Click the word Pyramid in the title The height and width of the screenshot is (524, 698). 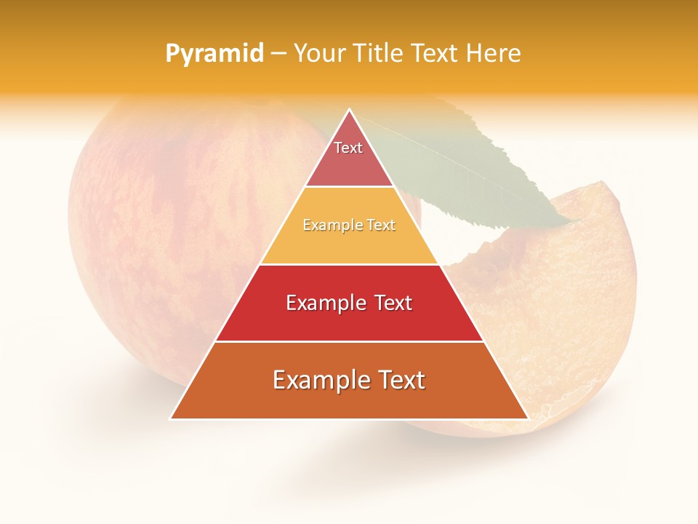click(214, 54)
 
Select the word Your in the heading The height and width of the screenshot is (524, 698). click(317, 54)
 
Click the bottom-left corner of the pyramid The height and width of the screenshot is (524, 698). click(172, 418)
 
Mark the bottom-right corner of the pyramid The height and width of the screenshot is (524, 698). click(527, 418)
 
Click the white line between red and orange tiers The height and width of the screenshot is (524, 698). click(349, 341)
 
